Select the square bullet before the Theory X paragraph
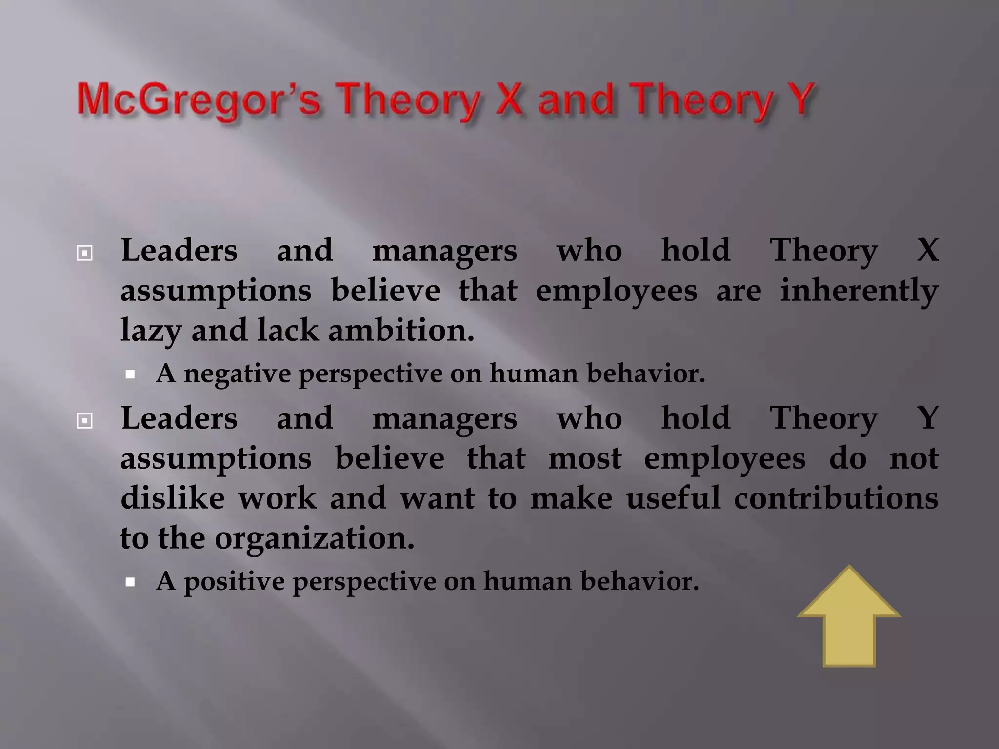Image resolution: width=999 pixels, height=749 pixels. (84, 253)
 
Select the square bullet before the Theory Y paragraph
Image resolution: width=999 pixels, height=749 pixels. (84, 420)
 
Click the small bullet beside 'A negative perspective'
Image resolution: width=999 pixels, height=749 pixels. (130, 374)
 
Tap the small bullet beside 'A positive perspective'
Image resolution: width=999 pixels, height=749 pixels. (130, 582)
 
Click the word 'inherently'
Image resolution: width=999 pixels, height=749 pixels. (859, 291)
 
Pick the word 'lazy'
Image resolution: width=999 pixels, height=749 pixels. (150, 332)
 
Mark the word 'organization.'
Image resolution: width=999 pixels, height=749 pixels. (314, 539)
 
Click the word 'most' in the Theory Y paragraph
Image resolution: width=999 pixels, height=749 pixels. (585, 459)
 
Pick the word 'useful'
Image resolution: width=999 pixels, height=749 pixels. (673, 498)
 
